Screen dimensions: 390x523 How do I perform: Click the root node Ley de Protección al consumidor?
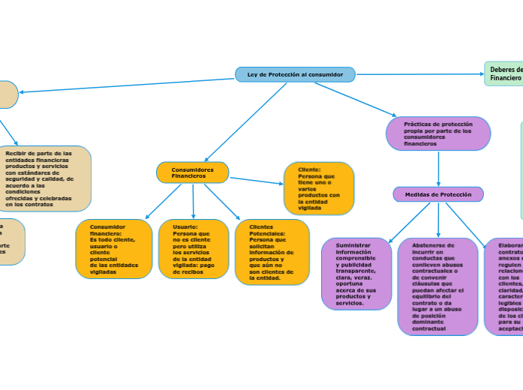(x=295, y=74)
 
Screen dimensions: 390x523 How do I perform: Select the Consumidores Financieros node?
(x=192, y=172)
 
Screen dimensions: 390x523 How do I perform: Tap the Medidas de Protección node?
(x=438, y=194)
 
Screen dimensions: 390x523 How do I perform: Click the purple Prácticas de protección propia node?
(x=438, y=133)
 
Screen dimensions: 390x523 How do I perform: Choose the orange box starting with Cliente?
(x=318, y=188)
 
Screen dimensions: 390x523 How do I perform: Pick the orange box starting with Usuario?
(x=193, y=249)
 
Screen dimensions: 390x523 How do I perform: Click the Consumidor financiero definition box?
(x=113, y=249)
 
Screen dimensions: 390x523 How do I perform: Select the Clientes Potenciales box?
(x=272, y=252)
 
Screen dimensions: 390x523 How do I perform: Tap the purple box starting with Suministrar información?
(x=356, y=274)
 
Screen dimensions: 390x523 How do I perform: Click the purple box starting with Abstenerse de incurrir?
(x=437, y=286)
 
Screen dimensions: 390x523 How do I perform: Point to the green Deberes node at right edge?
(x=504, y=73)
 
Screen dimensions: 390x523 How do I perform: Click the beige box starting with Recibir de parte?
(x=45, y=178)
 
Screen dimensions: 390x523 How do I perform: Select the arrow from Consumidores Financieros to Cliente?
(x=256, y=181)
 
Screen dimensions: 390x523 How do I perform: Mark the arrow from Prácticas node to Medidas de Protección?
(x=438, y=169)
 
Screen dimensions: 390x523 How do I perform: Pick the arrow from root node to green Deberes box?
(x=420, y=74)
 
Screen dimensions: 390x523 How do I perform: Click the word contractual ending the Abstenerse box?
(x=428, y=328)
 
